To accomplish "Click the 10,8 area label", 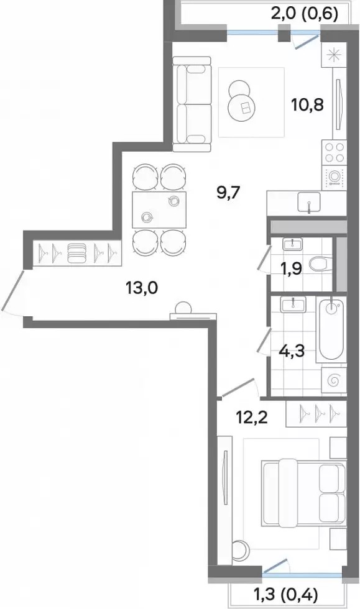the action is [x=308, y=104].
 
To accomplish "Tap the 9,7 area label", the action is [x=229, y=192].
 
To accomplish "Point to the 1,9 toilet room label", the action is [x=291, y=268].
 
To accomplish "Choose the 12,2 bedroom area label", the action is [x=252, y=418].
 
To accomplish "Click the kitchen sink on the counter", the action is [x=310, y=202].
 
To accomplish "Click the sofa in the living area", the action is [x=192, y=104].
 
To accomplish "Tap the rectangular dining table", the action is [x=159, y=210].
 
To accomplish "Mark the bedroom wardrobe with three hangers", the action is [x=316, y=414].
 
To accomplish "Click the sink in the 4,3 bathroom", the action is [x=292, y=304].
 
